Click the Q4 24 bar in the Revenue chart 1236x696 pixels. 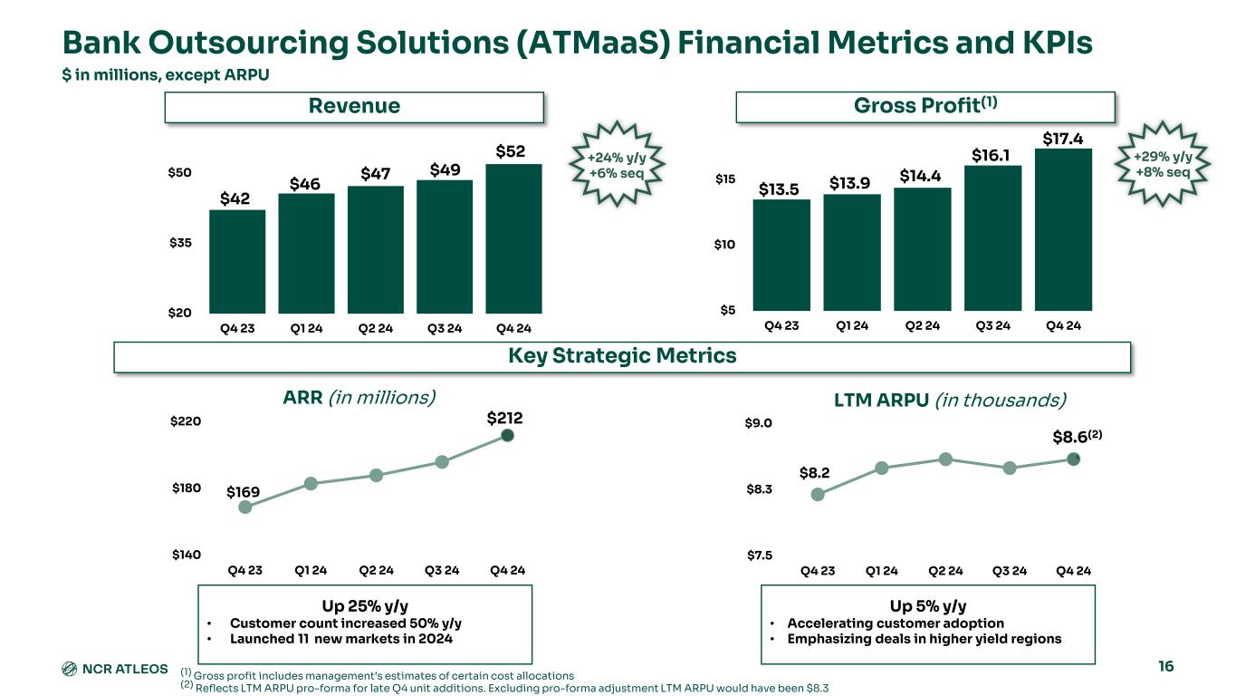pyautogui.click(x=513, y=238)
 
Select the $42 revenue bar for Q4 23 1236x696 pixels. pyautogui.click(x=237, y=261)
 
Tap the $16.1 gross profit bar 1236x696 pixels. pyautogui.click(x=992, y=237)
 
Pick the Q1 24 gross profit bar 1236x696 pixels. pyautogui.click(x=851, y=252)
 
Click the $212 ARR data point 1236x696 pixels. pyautogui.click(x=508, y=435)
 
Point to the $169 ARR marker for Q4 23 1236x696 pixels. pyautogui.click(x=244, y=507)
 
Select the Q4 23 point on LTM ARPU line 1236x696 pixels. pyautogui.click(x=818, y=494)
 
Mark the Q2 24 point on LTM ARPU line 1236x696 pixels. pyautogui.click(x=945, y=459)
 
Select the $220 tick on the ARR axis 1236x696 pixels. pyautogui.click(x=186, y=422)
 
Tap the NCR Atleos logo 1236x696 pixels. pyautogui.click(x=114, y=669)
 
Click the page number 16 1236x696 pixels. pyautogui.click(x=1165, y=667)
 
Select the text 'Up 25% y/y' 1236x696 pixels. pyautogui.click(x=364, y=605)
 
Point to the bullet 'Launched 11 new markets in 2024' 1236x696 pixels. pyautogui.click(x=341, y=638)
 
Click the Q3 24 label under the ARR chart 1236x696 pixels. pyautogui.click(x=442, y=571)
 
